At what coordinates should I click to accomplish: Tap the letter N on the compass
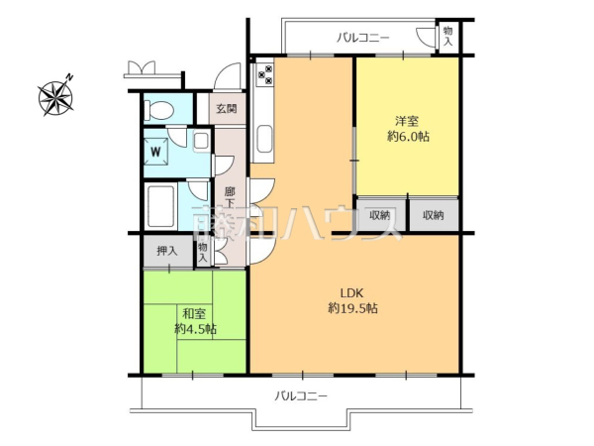click(x=68, y=76)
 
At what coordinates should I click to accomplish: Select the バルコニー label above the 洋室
click(x=363, y=38)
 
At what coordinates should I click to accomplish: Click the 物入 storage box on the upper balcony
click(x=447, y=38)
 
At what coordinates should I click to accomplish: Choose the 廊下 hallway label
click(x=230, y=197)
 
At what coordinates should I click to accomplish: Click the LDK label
click(x=352, y=292)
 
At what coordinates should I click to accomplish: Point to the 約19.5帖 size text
click(x=352, y=308)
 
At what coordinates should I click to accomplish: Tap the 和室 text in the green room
click(x=194, y=313)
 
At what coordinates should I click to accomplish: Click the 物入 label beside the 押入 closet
click(x=203, y=252)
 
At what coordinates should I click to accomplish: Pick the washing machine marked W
click(x=156, y=152)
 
